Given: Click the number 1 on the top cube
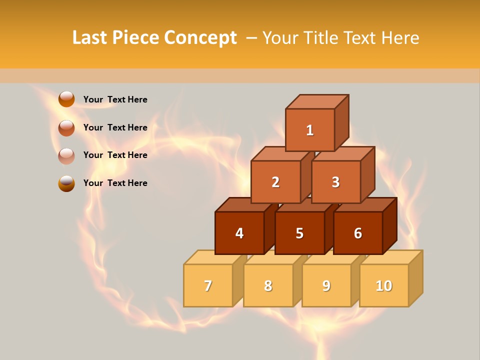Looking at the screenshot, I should coord(310,130).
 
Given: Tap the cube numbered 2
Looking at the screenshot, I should coord(275,182).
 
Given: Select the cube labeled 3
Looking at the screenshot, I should coord(335,182).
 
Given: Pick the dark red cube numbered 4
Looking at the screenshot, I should coord(239,233).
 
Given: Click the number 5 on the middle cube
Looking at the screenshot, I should coord(299,233).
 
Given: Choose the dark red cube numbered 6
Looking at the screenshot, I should coord(358,233).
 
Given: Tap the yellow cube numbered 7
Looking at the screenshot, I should coord(208,286).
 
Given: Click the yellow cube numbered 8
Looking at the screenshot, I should coord(268,286).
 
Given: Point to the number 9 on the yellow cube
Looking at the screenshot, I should coord(326,286).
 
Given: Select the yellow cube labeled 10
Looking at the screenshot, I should coord(383,286).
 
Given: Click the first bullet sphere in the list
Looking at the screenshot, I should coord(66,99).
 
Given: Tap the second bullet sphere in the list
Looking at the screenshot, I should coord(66,127).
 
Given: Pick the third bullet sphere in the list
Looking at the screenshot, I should coord(66,155).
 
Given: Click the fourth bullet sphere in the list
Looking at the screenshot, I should coord(66,183).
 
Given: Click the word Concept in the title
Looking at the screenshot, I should coord(200,38).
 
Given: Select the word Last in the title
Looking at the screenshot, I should coord(90,38).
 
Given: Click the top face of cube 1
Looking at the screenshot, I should coord(317,101).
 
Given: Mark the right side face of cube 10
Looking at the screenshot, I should coord(415,278).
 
